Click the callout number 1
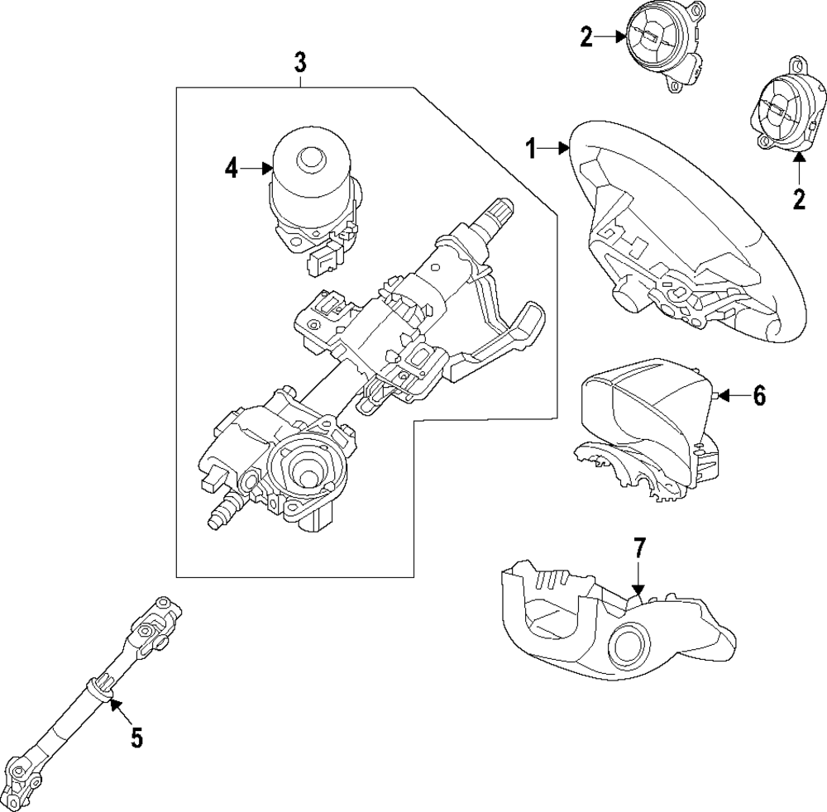[530, 149]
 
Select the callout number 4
[232, 170]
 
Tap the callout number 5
[136, 736]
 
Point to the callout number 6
[758, 396]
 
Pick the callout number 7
[638, 548]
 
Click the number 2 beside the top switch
[586, 38]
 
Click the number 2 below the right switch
[798, 199]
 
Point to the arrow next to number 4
[259, 170]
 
